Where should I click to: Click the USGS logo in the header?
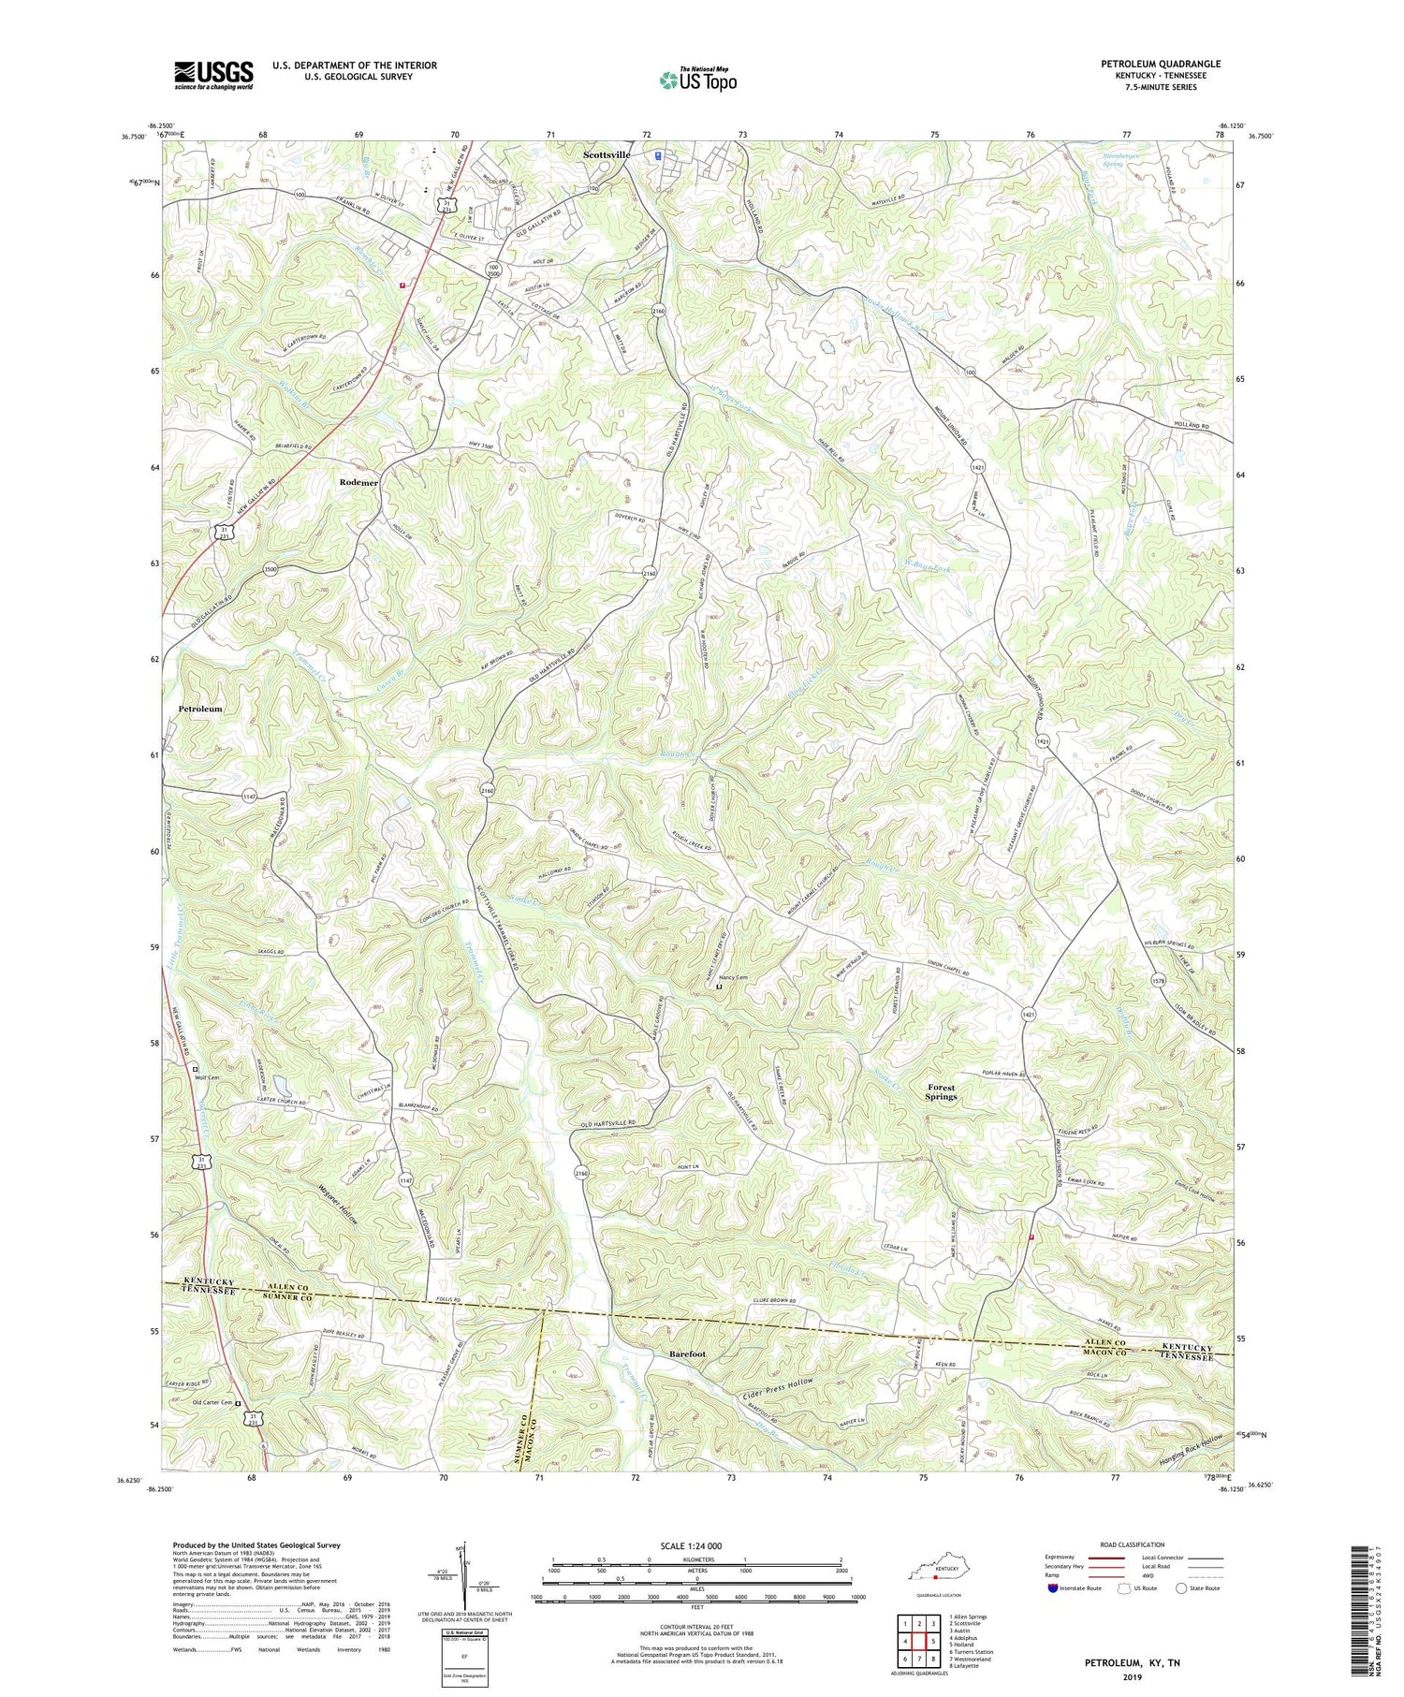[213, 74]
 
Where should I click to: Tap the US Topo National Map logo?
[697, 80]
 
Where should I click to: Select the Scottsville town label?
[607, 154]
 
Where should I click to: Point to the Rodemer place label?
[358, 482]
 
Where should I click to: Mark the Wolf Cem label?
[207, 1077]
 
